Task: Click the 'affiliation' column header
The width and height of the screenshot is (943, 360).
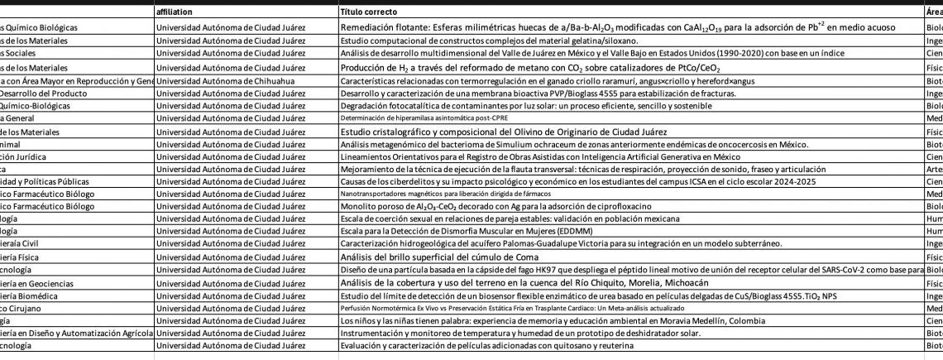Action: tap(180, 13)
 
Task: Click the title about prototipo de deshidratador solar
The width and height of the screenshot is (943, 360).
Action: tap(520, 333)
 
